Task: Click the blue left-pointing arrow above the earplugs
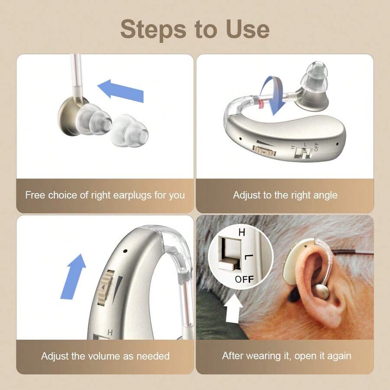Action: pyautogui.click(x=120, y=91)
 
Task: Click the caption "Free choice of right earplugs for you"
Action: pyautogui.click(x=105, y=195)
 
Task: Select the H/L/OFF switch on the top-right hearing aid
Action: pyautogui.click(x=305, y=153)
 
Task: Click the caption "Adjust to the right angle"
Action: pyautogui.click(x=285, y=195)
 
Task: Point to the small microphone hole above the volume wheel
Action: pyautogui.click(x=124, y=251)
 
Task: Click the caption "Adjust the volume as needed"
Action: pyautogui.click(x=105, y=356)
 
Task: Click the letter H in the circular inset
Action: pyautogui.click(x=241, y=233)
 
